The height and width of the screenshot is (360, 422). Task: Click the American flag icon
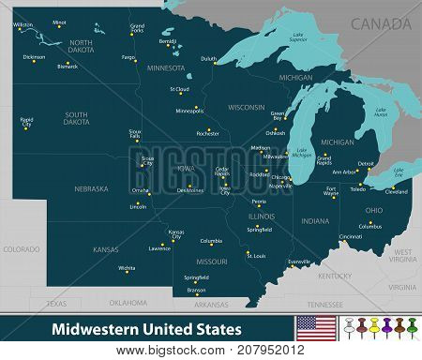pyautogui.click(x=313, y=328)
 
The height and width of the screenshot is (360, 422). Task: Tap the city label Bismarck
pyautogui.click(x=68, y=67)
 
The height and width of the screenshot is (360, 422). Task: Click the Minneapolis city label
pyautogui.click(x=189, y=111)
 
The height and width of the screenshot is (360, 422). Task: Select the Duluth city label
pyautogui.click(x=208, y=58)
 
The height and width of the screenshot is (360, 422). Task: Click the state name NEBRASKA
pyautogui.click(x=92, y=188)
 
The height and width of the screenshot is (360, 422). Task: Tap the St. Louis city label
pyautogui.click(x=256, y=255)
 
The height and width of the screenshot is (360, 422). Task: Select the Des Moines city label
pyautogui.click(x=189, y=190)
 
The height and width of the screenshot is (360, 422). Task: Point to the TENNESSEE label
pyautogui.click(x=324, y=304)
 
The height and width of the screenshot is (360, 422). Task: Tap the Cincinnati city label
pyautogui.click(x=351, y=236)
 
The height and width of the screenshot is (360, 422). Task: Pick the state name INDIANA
pyautogui.click(x=315, y=221)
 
